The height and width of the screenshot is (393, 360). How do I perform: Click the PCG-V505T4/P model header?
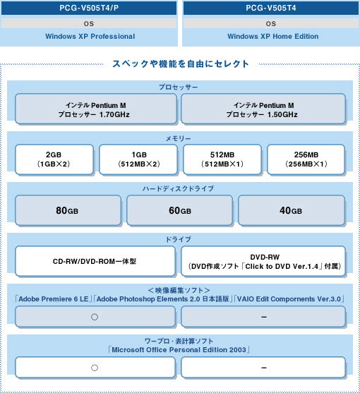[x=89, y=8]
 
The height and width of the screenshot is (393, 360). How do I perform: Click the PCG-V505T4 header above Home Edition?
[x=271, y=8]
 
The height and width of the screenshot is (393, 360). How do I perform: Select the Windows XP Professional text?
[x=90, y=37]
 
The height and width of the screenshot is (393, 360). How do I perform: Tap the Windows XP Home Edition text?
[x=272, y=37]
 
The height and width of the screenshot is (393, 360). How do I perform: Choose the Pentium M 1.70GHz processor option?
[x=96, y=109]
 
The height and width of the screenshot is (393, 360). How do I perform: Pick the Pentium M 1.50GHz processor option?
[x=263, y=109]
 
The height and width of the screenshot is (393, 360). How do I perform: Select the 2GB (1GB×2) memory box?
[x=54, y=159]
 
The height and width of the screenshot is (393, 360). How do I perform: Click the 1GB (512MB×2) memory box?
[x=138, y=159]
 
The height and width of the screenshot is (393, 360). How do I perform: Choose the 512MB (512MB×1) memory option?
[x=222, y=159]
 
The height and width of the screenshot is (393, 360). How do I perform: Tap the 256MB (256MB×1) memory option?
[x=306, y=159]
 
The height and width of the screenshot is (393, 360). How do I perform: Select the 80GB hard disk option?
[x=68, y=210]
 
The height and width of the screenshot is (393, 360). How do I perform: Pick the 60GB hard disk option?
[x=179, y=210]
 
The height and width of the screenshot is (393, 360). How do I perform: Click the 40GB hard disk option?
[x=292, y=210]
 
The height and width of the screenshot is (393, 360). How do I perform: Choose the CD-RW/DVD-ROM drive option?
[x=95, y=261]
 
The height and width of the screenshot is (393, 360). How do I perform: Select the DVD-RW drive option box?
[x=263, y=261]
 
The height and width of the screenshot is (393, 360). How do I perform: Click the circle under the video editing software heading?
[x=95, y=317]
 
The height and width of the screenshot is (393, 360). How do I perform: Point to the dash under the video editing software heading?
[x=264, y=317]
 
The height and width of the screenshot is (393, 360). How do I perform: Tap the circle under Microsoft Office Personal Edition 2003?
[x=95, y=368]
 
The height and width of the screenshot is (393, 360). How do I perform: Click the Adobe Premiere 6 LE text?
[x=54, y=299]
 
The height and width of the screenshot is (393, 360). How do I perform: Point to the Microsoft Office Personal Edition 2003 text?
[x=179, y=350]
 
